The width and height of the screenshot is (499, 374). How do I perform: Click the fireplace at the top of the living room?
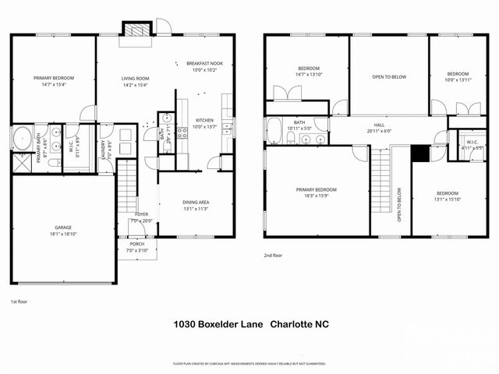pos(136,28)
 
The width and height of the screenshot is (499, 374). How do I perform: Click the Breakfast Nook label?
pos(204,66)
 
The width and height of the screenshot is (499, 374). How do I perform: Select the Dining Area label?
pos(195,205)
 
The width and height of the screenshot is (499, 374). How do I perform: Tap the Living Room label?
pos(135,81)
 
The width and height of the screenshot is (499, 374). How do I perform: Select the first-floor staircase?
pos(127,191)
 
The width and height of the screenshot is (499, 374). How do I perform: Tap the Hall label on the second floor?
pos(379,127)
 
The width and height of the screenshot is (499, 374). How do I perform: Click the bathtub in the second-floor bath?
pos(274,132)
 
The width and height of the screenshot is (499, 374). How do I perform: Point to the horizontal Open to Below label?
pos(388,76)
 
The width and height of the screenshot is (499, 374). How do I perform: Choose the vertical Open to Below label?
pos(399,205)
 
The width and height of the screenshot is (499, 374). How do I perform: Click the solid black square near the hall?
pos(419,153)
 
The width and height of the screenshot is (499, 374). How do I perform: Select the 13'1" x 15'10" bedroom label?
pos(447,196)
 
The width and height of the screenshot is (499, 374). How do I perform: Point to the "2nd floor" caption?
pos(274,255)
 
